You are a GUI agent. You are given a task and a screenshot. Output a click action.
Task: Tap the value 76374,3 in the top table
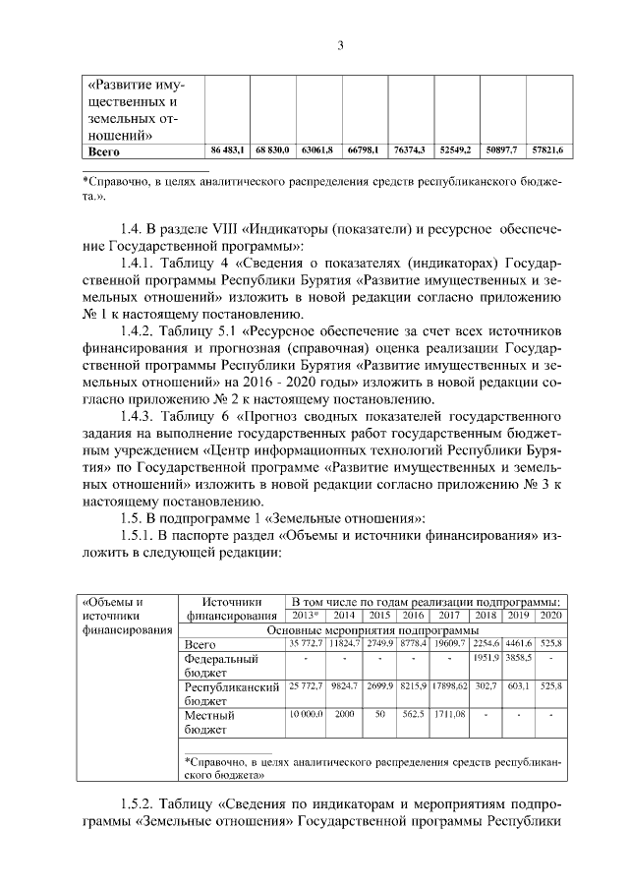tap(408, 149)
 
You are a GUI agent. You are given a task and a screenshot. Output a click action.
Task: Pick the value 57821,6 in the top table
tap(545, 149)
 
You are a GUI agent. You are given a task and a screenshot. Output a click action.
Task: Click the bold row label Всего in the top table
tap(104, 150)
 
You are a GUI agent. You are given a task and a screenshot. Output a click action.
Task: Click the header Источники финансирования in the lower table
tap(228, 609)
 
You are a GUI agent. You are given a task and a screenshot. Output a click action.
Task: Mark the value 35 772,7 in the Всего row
tap(306, 643)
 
